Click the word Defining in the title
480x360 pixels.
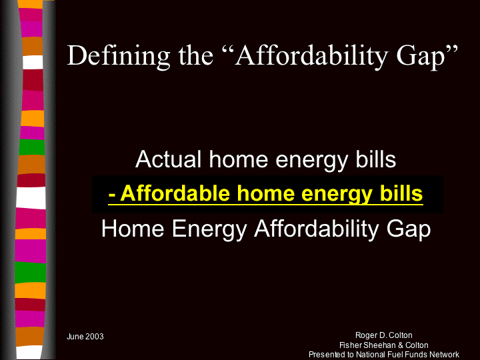click(119, 57)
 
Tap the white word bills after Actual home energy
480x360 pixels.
click(376, 159)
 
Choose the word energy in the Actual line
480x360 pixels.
click(311, 161)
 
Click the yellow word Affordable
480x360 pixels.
click(175, 193)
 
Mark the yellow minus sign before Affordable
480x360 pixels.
click(112, 196)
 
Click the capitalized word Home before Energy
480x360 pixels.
click(133, 229)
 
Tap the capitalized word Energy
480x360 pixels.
click(209, 230)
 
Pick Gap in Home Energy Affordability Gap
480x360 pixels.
click(409, 230)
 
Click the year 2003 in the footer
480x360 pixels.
click(94, 337)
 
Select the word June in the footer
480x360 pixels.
click(75, 337)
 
